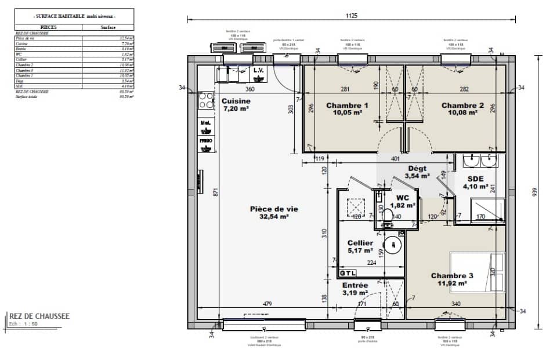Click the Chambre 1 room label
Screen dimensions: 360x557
click(348, 106)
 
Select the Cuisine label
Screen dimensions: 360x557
click(236, 101)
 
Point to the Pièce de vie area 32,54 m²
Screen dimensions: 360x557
click(269, 217)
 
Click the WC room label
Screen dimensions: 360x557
click(403, 197)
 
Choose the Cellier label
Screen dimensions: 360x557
click(360, 243)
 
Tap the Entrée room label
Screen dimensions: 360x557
click(355, 285)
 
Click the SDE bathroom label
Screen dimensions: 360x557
click(476, 179)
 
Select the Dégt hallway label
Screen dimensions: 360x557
click(417, 168)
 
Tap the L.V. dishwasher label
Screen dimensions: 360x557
click(259, 71)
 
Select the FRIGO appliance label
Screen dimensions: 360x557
click(205, 141)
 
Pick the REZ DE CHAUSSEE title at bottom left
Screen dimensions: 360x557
click(39, 317)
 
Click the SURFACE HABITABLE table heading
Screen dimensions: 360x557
click(75, 17)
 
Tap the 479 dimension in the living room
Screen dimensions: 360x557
click(267, 304)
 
